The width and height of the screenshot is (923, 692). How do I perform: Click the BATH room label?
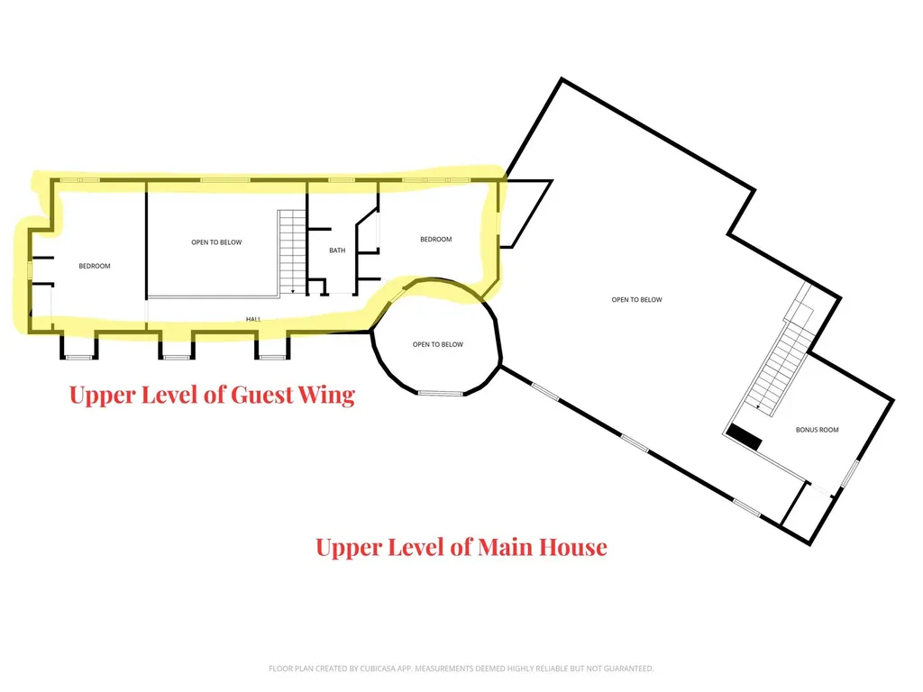point(337,250)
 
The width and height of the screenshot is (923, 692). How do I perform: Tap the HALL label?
point(253,319)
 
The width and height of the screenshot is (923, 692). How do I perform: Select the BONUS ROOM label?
point(817,430)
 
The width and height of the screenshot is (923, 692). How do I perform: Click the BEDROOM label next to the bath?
point(436,239)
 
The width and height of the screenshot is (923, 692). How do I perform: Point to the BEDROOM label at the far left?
point(95,266)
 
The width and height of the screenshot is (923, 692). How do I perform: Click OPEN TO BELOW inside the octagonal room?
point(438,344)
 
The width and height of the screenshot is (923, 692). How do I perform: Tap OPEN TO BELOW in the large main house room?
point(637,299)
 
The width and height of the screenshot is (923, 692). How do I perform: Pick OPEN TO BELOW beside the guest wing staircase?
point(216,241)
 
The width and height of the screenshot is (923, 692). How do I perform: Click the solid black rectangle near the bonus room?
point(744,437)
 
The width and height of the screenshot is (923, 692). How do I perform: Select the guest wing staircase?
point(293,252)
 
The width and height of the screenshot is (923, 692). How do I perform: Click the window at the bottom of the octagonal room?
point(441,393)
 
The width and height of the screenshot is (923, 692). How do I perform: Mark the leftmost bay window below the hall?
point(79,347)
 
